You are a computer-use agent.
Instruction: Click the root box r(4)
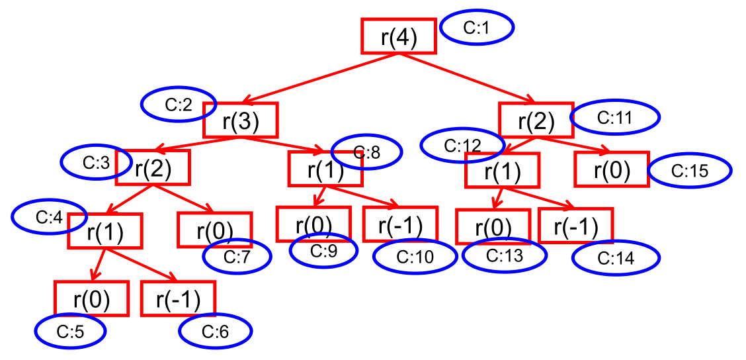(x=398, y=36)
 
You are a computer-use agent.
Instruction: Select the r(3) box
(x=239, y=120)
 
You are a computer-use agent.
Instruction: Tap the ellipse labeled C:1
(x=476, y=28)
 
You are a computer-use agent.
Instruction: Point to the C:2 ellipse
(x=178, y=104)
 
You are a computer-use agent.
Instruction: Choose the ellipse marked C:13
(x=504, y=256)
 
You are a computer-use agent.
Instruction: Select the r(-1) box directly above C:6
(x=178, y=299)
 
